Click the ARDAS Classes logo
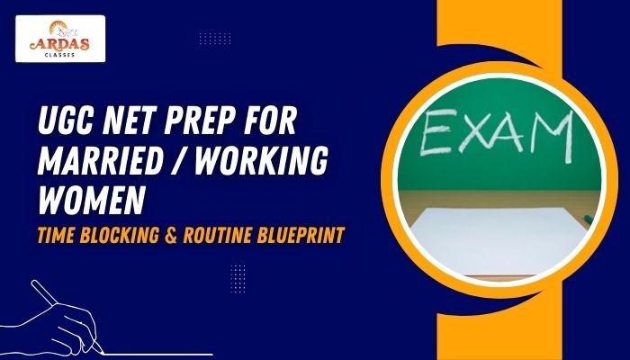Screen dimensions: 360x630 pyautogui.click(x=60, y=38)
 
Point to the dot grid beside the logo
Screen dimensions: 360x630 pyautogui.click(x=214, y=39)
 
